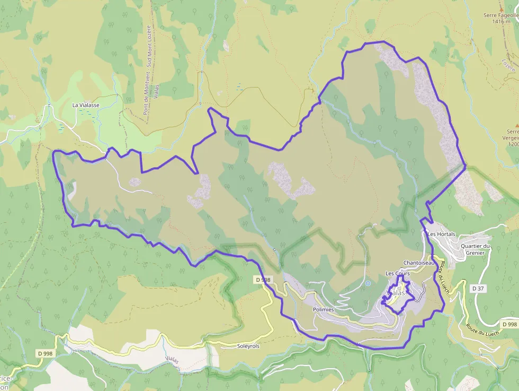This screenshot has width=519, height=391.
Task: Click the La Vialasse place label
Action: click(86, 105)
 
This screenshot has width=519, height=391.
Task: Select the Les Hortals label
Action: click(441, 234)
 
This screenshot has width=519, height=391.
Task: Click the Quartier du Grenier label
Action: click(476, 249)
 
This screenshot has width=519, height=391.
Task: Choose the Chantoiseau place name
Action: click(418, 263)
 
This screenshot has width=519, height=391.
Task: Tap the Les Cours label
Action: click(397, 273)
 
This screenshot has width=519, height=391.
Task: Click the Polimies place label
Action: click(323, 309)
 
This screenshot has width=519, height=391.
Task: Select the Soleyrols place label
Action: click(248, 346)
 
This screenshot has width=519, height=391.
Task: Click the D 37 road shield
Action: click(478, 288)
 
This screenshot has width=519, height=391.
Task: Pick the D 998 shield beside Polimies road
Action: click(263, 280)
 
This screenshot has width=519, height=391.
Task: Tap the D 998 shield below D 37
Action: click(509, 324)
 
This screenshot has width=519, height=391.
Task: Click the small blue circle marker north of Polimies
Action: click(368, 283)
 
